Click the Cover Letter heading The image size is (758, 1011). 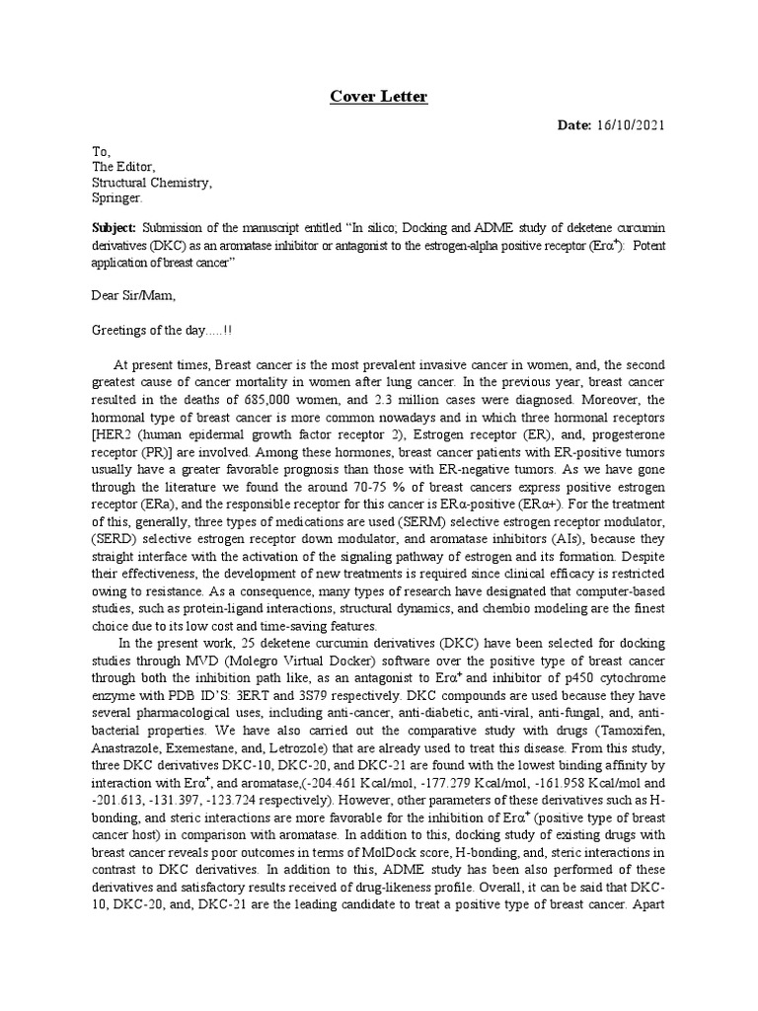tap(379, 97)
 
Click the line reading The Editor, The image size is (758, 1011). tap(123, 167)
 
